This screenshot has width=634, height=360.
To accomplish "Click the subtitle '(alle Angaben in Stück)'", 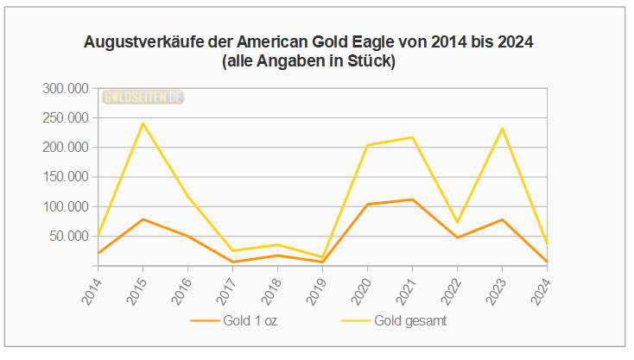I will point(308,61).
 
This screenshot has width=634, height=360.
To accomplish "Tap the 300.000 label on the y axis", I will point(66,88).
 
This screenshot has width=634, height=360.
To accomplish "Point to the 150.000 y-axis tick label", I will point(66,177).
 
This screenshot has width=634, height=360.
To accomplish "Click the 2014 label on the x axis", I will point(92,284).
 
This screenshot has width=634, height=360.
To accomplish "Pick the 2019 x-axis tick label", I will point(317,284).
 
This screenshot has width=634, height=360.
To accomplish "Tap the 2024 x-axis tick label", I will point(542,284).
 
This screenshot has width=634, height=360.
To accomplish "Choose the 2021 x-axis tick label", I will point(407,284).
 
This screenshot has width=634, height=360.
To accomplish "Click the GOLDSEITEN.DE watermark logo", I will point(143,97).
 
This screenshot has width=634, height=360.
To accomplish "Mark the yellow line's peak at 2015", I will point(143,123).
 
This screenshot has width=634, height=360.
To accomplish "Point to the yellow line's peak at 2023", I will point(502,129).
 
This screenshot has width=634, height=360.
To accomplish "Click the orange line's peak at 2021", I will point(412,199).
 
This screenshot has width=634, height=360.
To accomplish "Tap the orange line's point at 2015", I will point(143,219).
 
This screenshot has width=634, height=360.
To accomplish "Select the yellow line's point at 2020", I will point(367,145).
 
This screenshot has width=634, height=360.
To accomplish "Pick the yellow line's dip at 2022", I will point(457,223).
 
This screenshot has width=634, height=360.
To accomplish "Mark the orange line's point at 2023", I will point(502,219).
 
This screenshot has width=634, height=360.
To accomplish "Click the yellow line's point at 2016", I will point(187,197).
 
